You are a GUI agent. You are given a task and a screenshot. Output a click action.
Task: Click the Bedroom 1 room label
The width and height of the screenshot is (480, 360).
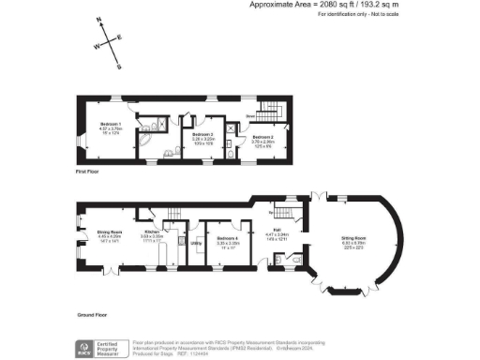112,129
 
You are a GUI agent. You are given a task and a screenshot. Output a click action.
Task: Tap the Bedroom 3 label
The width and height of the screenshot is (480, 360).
203,135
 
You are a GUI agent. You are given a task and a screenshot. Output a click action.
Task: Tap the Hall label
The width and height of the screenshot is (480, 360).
277,230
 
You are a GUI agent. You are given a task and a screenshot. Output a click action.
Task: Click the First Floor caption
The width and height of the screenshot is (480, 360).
87,172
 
